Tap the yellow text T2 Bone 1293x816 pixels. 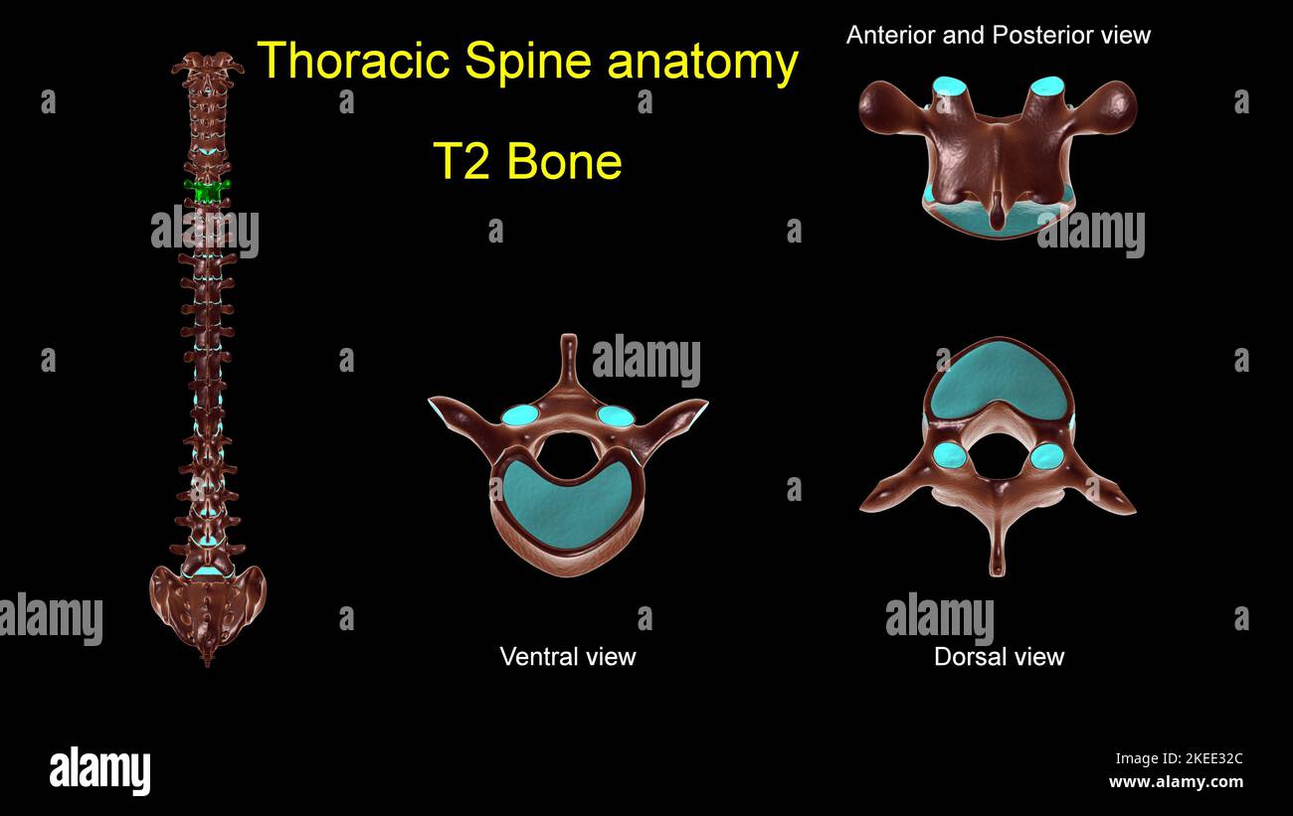[x=527, y=161]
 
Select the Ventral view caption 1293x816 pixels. [x=567, y=656]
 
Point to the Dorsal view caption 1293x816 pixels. [x=999, y=656]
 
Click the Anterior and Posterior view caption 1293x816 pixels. [x=998, y=36]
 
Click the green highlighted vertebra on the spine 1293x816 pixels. [x=207, y=191]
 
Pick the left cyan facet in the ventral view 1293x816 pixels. [x=518, y=415]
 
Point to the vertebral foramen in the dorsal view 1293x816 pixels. [x=998, y=455]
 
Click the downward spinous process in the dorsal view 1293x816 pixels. [x=998, y=557]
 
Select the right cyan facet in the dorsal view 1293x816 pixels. [x=1046, y=456]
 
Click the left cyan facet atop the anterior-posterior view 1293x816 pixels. [x=949, y=86]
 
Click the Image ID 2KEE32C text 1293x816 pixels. [x=1178, y=758]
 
